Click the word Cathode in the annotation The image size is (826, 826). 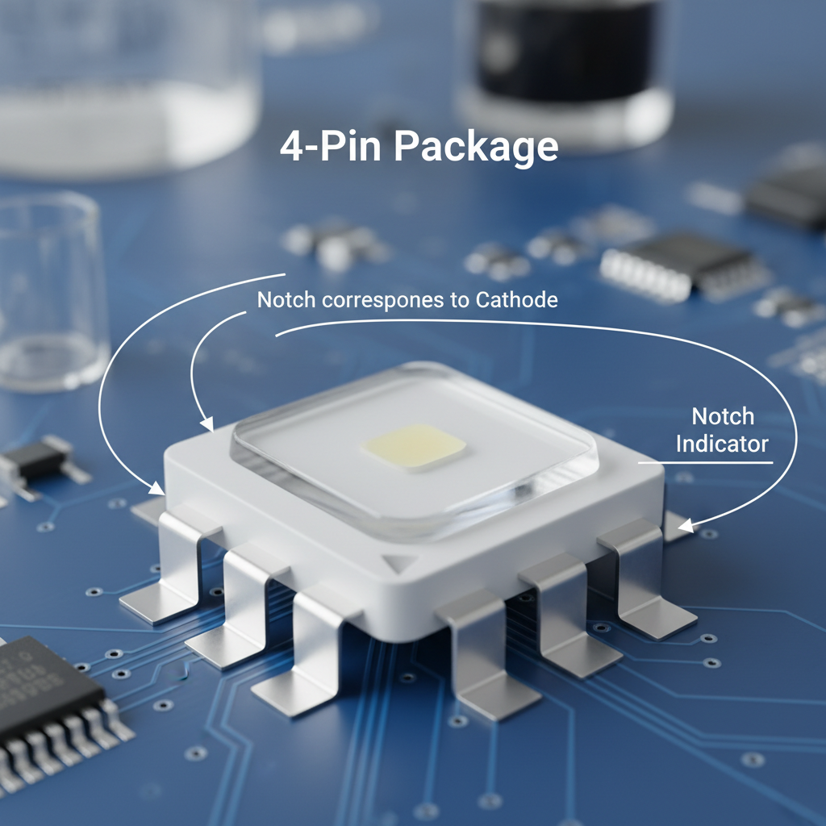click(x=516, y=300)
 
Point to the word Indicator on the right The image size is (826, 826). click(x=722, y=444)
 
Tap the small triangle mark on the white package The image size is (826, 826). click(x=395, y=562)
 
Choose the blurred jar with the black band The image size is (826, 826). click(x=565, y=65)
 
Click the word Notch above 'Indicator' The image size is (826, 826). click(x=723, y=417)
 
